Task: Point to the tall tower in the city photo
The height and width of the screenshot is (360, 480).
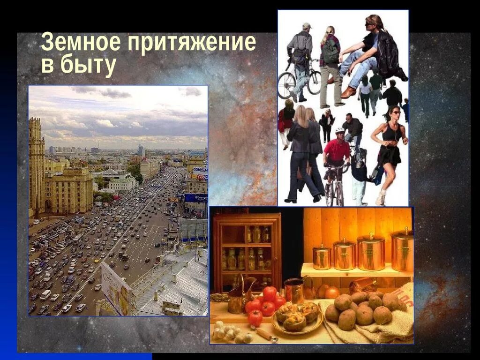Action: pyautogui.click(x=36, y=164)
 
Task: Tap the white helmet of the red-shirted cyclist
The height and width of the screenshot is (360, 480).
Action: pyautogui.click(x=339, y=130)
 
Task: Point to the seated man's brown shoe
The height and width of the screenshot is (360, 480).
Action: pyautogui.click(x=348, y=92)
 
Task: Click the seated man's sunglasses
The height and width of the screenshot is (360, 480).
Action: pyautogui.click(x=370, y=22)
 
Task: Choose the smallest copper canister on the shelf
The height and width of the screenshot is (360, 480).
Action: pyautogui.click(x=322, y=257)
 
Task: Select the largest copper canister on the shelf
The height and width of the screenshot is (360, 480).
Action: pyautogui.click(x=402, y=251)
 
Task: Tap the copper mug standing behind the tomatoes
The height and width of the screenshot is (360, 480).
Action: pyautogui.click(x=294, y=290)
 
